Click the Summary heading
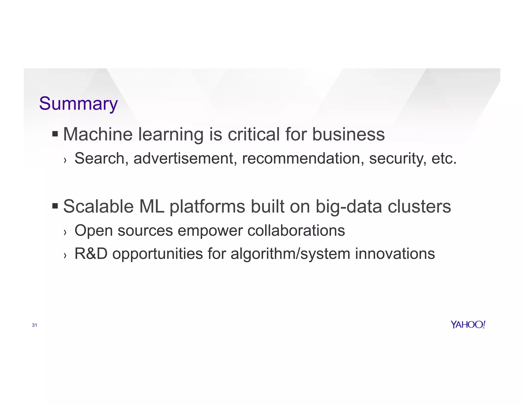tap(78, 104)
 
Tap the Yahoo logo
tap(468, 325)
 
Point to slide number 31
tap(35, 325)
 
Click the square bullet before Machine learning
tap(55, 134)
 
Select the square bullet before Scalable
tap(55, 206)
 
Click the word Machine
tap(98, 134)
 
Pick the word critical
tap(254, 134)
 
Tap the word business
tap(348, 134)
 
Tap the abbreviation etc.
tap(444, 158)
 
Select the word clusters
tap(419, 206)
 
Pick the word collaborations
tap(296, 230)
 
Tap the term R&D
tap(91, 254)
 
